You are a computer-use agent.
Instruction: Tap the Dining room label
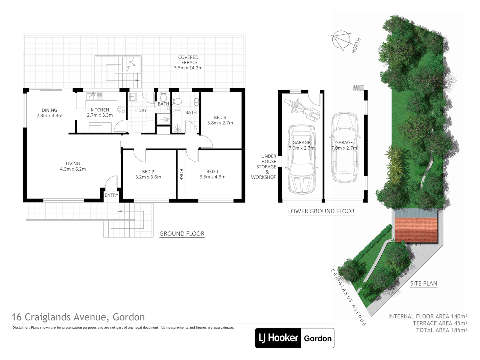pyautogui.click(x=49, y=110)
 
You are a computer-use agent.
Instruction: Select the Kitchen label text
pyautogui.click(x=100, y=110)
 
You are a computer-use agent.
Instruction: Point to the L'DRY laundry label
pyautogui.click(x=141, y=110)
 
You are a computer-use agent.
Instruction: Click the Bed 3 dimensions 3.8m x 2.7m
pyautogui.click(x=220, y=123)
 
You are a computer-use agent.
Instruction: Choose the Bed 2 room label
pyautogui.click(x=148, y=172)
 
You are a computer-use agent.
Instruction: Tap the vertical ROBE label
pyautogui.click(x=181, y=174)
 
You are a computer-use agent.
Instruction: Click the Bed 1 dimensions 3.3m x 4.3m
pyautogui.click(x=212, y=177)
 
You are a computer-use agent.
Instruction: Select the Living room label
pyautogui.click(x=73, y=164)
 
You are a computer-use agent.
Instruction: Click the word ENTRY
pyautogui.click(x=111, y=195)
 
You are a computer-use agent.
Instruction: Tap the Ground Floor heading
pyautogui.click(x=182, y=234)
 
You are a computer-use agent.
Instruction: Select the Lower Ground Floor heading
pyautogui.click(x=321, y=211)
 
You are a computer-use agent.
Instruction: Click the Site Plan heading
pyautogui.click(x=423, y=283)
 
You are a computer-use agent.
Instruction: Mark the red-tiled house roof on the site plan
pyautogui.click(x=416, y=230)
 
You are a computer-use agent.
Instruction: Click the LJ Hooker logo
pyautogui.click(x=278, y=338)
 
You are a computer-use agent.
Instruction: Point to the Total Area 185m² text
pyautogui.click(x=441, y=330)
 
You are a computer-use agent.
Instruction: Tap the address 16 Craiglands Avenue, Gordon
pyautogui.click(x=78, y=317)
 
